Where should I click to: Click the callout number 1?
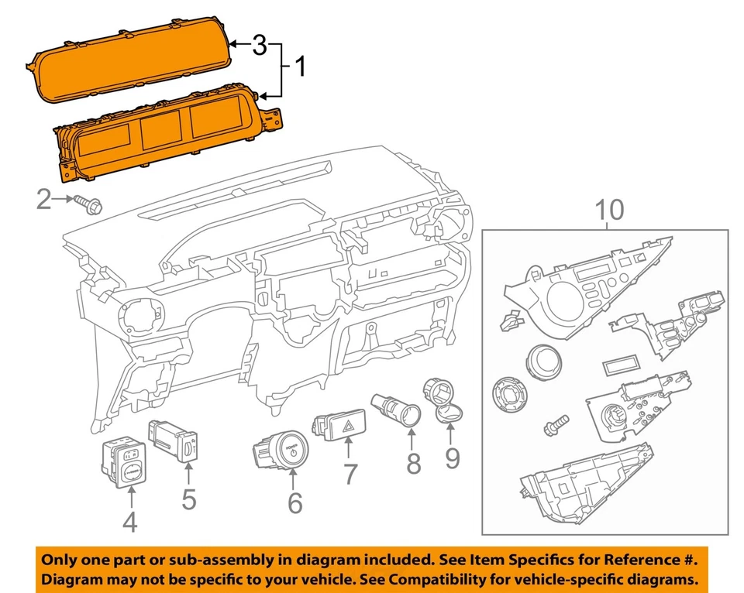click(298, 68)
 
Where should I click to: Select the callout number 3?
click(260, 46)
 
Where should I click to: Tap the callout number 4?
click(129, 523)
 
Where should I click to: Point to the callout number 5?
click(189, 499)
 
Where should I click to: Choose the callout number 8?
click(414, 464)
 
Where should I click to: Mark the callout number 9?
click(452, 458)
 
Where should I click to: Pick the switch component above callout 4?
click(124, 464)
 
